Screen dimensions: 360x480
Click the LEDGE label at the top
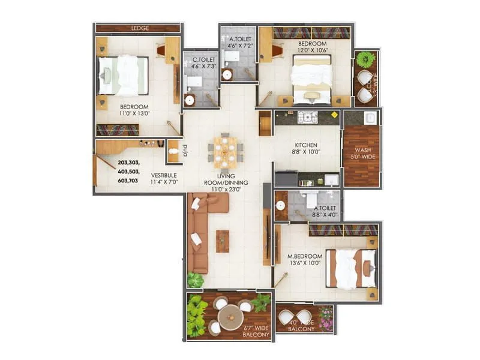pos(140,28)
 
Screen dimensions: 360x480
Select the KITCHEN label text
pos(305,145)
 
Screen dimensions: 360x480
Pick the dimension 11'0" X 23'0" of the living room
pos(226,190)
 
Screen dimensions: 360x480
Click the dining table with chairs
pos(225,151)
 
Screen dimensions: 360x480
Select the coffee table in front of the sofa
pos(223,241)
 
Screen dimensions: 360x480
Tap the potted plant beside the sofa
pos(195,280)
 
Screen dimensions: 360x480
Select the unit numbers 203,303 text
pos(128,163)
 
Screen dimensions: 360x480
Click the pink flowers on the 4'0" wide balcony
pos(326,318)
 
